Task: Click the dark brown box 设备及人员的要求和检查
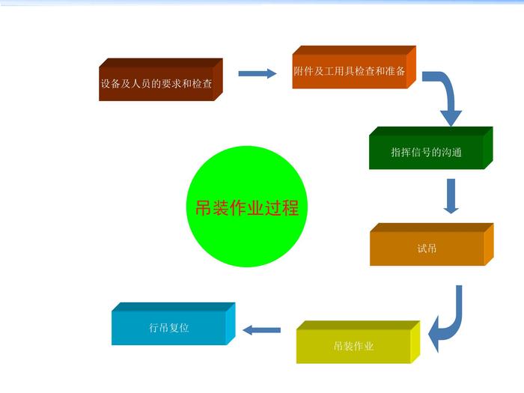point(161,79)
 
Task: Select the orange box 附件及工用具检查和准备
point(354,67)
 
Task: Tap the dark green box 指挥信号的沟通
point(431,148)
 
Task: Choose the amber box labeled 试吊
point(432,244)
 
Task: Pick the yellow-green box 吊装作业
point(359,342)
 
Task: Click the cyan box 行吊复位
point(174,324)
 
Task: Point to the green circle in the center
point(246,207)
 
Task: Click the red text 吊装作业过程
point(246,208)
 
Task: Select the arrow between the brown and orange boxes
point(258,73)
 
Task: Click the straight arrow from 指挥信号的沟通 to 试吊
point(451,196)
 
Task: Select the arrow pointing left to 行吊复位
point(262,330)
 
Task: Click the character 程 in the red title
point(290,208)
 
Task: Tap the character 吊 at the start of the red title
point(204,208)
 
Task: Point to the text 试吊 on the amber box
point(427,249)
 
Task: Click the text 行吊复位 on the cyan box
point(169,328)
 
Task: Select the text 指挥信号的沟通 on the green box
point(427,153)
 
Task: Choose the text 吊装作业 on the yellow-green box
point(353,346)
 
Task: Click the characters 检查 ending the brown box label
point(202,84)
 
